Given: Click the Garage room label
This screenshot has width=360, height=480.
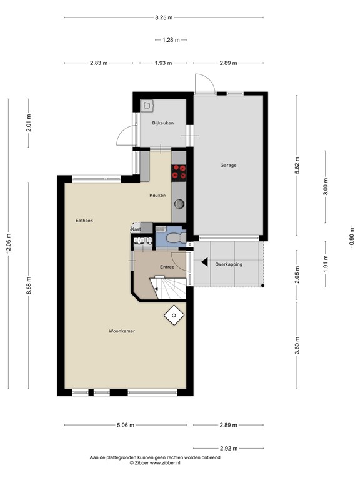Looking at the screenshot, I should click(x=227, y=166).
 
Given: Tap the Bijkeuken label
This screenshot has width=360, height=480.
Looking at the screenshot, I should click(x=162, y=123).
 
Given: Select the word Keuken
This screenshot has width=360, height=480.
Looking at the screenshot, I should click(x=157, y=196).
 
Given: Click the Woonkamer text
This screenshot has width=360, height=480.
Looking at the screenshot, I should click(x=122, y=331).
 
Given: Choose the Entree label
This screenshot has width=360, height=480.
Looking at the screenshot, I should click(x=167, y=267).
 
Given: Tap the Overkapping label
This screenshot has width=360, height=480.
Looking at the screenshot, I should click(x=228, y=264).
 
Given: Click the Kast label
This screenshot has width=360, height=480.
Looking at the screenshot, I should click(x=135, y=230).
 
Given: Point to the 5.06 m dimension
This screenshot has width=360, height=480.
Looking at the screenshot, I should click(x=126, y=426).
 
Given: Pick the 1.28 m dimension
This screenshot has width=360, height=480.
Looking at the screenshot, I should click(x=171, y=40).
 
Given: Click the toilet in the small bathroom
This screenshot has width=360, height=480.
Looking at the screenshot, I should click(x=175, y=237).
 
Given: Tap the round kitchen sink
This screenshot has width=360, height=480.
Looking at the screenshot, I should click(x=180, y=202).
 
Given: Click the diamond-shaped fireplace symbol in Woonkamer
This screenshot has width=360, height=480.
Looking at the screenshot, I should click(x=171, y=316).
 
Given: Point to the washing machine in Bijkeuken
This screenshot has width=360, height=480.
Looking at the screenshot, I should click(x=147, y=105).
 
